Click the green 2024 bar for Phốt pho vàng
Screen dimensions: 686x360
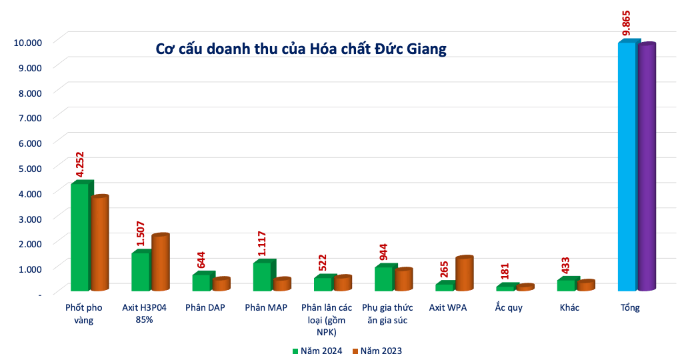click(82, 235)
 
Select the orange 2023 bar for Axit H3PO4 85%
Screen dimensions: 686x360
click(160, 262)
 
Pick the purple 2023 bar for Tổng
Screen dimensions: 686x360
click(647, 167)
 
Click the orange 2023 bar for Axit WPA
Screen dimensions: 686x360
click(464, 273)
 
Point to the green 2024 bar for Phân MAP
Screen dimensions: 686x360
click(264, 275)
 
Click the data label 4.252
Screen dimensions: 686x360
click(79, 164)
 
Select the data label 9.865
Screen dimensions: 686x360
click(626, 23)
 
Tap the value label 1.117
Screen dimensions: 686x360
click(262, 243)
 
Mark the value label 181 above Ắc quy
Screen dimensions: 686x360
click(505, 271)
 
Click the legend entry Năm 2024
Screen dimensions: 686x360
click(317, 351)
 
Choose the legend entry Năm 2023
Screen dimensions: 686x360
click(377, 351)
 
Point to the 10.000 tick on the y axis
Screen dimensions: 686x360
click(27, 43)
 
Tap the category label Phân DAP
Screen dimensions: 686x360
click(205, 307)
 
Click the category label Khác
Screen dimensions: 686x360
click(569, 307)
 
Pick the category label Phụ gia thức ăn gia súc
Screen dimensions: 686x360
click(387, 313)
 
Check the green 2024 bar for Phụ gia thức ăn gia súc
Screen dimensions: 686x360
click(386, 277)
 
